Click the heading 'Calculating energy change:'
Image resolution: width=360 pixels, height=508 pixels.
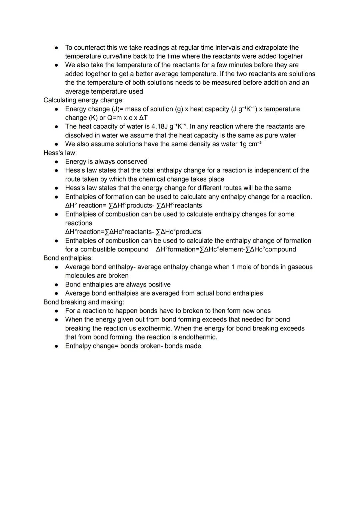pos(83,100)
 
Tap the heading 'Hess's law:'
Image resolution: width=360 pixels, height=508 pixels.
pos(60,153)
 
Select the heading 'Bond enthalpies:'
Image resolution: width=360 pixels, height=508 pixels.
pos(68,258)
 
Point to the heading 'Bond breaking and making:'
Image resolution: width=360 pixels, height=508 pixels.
pos(84,302)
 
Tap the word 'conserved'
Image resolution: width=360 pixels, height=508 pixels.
pos(132,162)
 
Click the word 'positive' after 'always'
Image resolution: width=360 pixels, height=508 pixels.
pos(156,284)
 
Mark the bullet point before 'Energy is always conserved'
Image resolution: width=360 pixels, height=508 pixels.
pos(57,162)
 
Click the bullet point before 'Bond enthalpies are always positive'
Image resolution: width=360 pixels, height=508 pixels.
pos(57,285)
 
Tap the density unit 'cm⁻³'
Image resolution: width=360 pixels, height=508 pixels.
pos(255,144)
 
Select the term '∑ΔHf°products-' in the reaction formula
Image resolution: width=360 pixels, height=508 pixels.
pos(132,206)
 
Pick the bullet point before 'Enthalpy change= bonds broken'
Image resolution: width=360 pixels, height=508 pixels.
pos(57,346)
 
